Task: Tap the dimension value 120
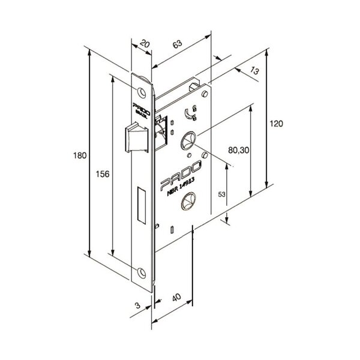coord(275,123)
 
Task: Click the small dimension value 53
coord(221,195)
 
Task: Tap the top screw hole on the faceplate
coord(142,93)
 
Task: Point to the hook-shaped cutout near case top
coord(191,110)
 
